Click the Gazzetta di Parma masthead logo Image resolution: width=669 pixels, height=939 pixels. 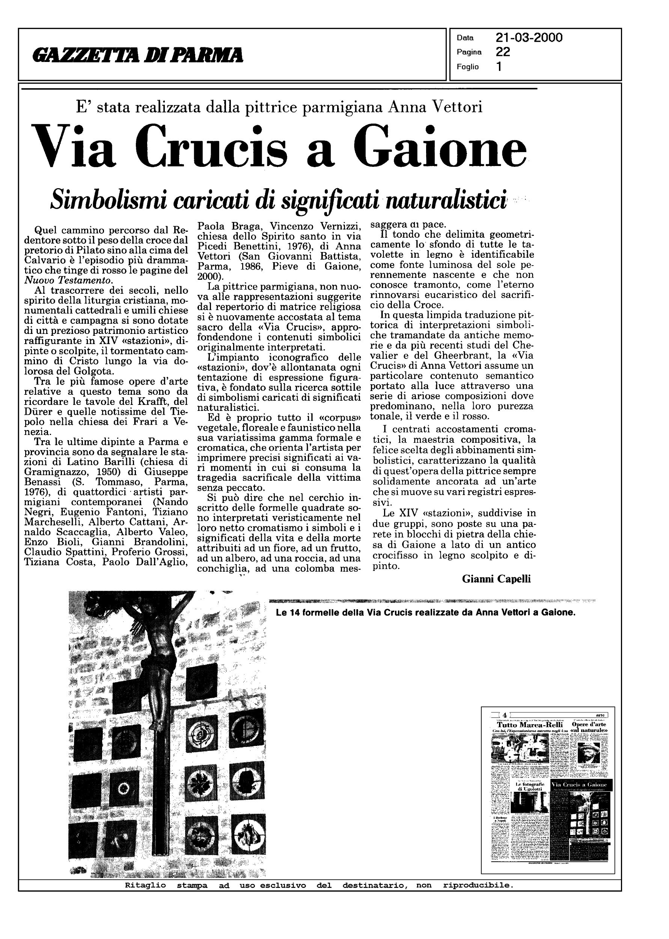click(x=138, y=55)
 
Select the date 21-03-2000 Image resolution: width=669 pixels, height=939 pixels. click(x=529, y=38)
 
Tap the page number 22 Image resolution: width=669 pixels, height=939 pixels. click(x=503, y=52)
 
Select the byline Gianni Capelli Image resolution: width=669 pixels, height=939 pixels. click(x=496, y=579)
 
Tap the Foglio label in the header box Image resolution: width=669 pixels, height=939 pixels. click(x=467, y=67)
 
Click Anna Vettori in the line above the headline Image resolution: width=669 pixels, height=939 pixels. click(x=435, y=107)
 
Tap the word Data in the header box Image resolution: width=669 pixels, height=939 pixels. click(x=465, y=38)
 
